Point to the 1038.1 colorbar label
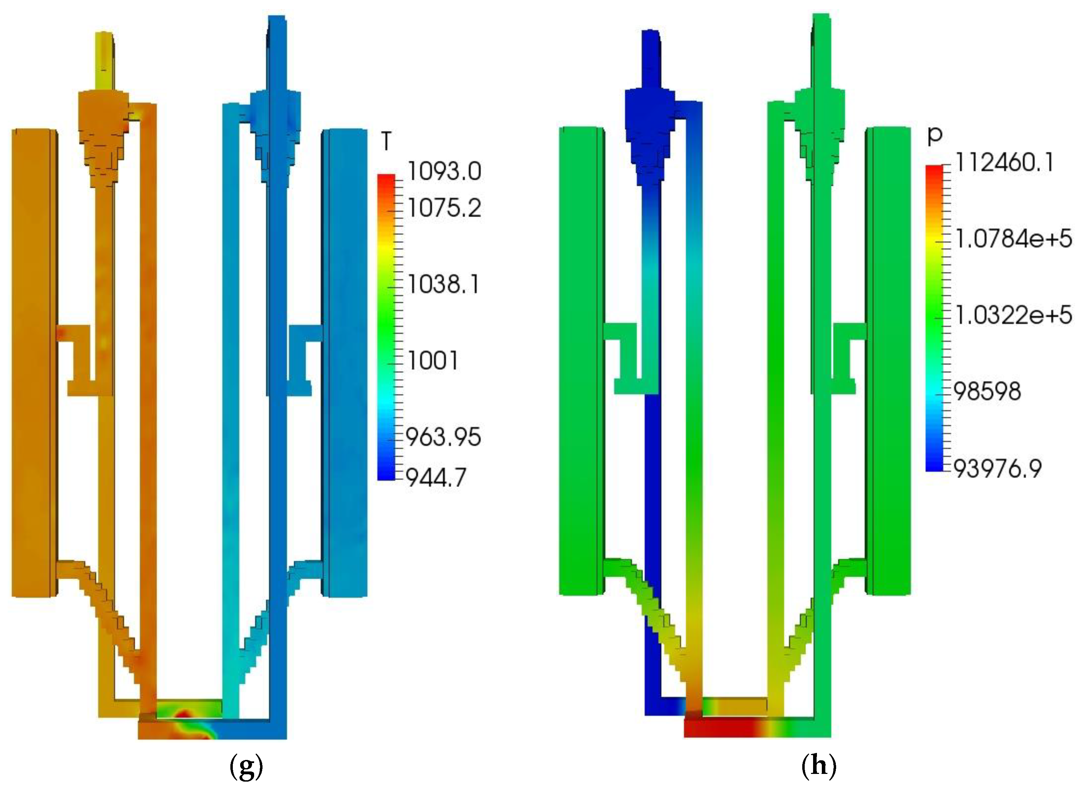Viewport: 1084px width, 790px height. tap(443, 285)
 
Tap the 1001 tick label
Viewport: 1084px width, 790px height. tap(433, 361)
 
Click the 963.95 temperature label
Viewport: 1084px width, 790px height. tap(443, 437)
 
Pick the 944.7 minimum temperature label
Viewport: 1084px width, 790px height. tap(436, 477)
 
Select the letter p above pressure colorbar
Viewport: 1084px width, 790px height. tap(934, 136)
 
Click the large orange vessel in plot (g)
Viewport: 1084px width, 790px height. tap(32, 364)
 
